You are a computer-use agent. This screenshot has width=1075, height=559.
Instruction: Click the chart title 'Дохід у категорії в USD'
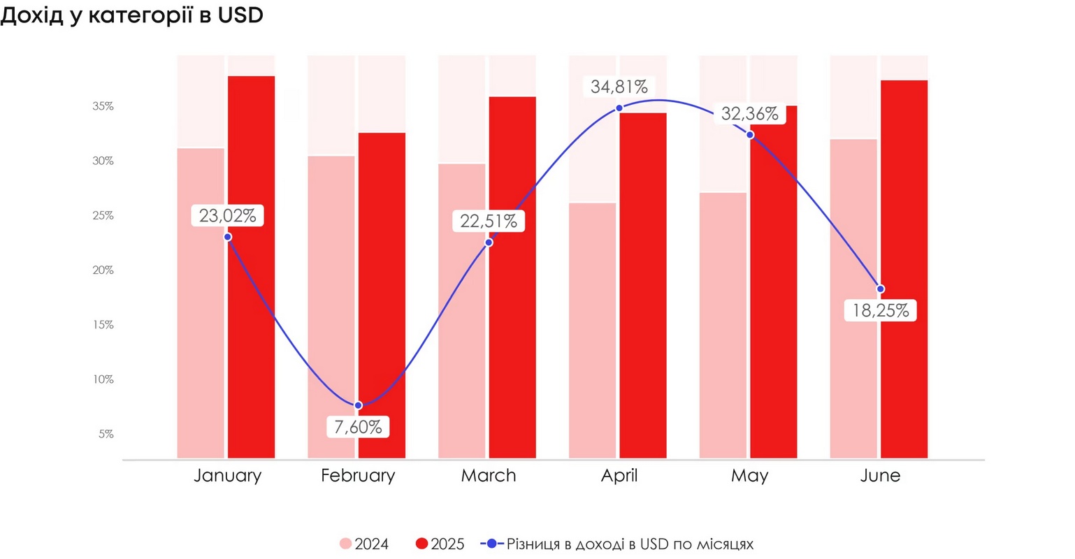tap(131, 15)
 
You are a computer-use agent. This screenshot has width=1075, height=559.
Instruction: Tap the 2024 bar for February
tap(331, 307)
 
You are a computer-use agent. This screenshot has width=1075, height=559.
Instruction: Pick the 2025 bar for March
tap(512, 314)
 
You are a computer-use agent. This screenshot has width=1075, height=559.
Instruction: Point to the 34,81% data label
tap(619, 87)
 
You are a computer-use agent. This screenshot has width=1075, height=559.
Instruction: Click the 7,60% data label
tap(358, 427)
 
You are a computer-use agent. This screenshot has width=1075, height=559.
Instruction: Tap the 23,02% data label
tap(227, 216)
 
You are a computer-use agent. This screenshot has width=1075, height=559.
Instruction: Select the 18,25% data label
tap(881, 311)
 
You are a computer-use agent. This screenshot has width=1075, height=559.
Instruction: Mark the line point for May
tap(750, 135)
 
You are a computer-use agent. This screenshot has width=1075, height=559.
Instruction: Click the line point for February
tap(358, 405)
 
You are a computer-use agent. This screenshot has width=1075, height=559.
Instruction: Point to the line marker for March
tap(489, 242)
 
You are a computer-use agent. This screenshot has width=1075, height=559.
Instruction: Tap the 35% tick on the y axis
tap(103, 106)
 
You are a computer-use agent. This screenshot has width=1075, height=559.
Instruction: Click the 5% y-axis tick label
tap(106, 434)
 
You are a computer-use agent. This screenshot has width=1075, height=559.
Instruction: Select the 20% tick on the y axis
tap(103, 270)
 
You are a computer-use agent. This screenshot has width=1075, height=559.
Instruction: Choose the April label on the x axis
tap(619, 476)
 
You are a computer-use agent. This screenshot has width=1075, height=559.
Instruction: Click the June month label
tap(880, 476)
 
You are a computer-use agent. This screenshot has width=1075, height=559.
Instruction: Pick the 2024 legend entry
tap(364, 544)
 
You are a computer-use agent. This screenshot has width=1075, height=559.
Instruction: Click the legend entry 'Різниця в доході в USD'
tap(618, 544)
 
